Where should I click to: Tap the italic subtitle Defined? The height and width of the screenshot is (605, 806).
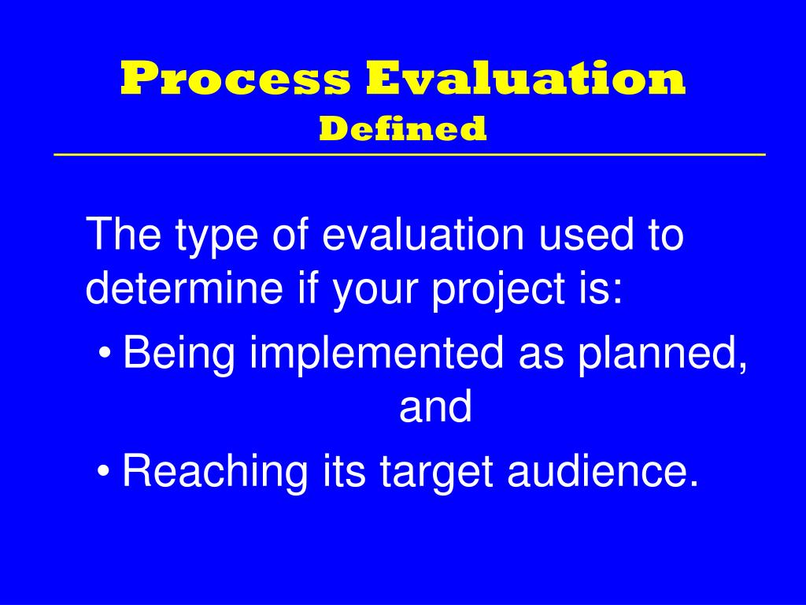pyautogui.click(x=402, y=128)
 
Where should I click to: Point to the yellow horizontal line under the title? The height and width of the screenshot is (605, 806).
pyautogui.click(x=409, y=154)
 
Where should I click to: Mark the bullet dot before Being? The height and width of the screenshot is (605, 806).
pyautogui.click(x=105, y=354)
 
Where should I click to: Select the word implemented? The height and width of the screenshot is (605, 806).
pyautogui.click(x=376, y=354)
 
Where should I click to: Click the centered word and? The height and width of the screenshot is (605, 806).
pyautogui.click(x=435, y=407)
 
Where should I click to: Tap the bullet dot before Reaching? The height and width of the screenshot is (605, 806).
pyautogui.click(x=105, y=472)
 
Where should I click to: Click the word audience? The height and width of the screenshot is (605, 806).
pyautogui.click(x=603, y=472)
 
